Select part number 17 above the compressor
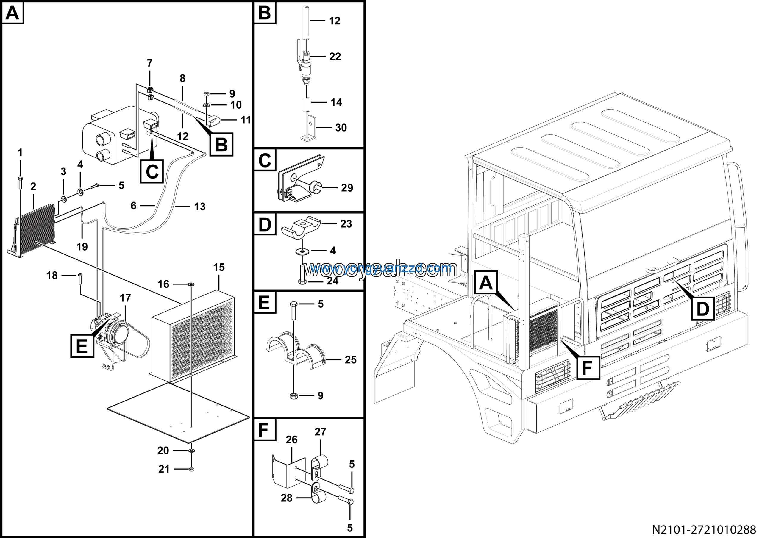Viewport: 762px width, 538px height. point(125,298)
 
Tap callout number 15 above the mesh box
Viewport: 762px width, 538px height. point(219,267)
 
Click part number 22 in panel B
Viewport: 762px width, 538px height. point(335,57)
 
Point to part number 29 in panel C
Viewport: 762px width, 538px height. point(347,188)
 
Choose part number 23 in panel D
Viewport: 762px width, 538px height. point(346,224)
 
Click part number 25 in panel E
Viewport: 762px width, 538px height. point(350,360)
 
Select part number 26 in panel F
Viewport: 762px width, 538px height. point(291,440)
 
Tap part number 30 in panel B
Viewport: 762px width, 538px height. point(341,128)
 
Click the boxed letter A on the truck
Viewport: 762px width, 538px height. point(486,283)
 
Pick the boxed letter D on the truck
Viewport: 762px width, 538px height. point(702,309)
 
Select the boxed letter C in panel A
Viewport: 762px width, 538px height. point(152,171)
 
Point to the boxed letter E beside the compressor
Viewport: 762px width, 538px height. point(82,346)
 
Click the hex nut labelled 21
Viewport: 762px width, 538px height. point(191,469)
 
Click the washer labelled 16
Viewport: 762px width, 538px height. point(191,284)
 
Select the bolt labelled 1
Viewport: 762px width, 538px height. point(20,183)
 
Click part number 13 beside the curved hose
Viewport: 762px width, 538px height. point(200,207)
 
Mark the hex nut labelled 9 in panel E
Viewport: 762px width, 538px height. point(293,396)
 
